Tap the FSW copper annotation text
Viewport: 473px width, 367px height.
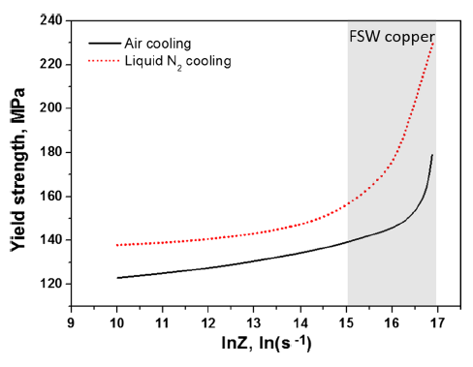392,37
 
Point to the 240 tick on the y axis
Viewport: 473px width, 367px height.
50,20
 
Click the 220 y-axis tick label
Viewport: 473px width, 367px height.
50,64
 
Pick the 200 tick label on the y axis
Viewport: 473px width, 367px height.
50,108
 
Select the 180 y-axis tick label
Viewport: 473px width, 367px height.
50,152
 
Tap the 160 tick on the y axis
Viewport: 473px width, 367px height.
50,196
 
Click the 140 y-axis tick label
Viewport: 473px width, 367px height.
50,240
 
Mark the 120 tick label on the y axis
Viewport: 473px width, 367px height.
50,284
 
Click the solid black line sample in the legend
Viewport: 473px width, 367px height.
101,43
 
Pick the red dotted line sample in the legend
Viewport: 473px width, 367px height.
101,61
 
